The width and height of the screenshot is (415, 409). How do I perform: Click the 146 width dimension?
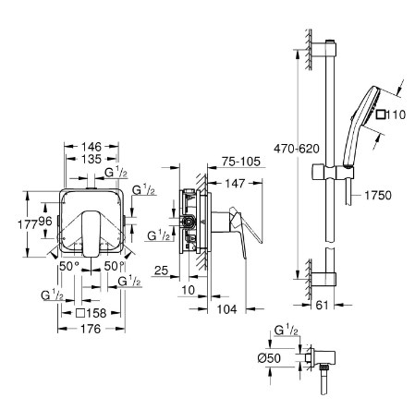(92, 147)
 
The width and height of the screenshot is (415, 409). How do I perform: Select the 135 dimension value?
(92, 159)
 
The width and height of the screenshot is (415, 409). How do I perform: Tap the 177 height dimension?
(28, 224)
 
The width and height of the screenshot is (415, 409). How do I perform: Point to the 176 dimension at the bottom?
(91, 329)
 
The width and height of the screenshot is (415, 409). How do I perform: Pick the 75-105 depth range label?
(241, 162)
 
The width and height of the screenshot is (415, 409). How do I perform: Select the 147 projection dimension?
(235, 184)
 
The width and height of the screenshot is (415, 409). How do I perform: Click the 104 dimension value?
(227, 309)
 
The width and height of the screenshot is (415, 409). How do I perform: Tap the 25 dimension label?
(161, 271)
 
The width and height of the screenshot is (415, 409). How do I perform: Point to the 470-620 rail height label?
(297, 149)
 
